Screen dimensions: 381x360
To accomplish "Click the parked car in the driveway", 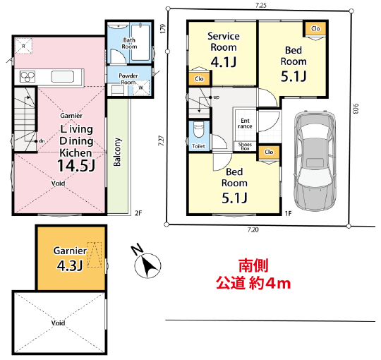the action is (315, 161).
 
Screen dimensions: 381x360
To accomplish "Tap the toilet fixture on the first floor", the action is (198, 130).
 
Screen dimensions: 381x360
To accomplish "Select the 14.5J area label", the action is (76, 166).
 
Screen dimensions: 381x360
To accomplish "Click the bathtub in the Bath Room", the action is (140, 42).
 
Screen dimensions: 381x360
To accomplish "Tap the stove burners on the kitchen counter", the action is (28, 76).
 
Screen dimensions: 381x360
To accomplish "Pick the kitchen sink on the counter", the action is (62, 76).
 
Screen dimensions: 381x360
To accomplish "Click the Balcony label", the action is (117, 152).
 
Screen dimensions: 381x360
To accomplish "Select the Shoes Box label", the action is (245, 146).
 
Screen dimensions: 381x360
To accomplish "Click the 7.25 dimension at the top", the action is (261, 6).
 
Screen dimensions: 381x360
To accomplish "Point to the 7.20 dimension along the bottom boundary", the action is (253, 229).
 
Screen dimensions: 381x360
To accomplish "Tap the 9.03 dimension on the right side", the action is (356, 109).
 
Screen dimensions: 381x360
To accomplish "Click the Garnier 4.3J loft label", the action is (70, 258).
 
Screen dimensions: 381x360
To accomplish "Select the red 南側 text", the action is (253, 265).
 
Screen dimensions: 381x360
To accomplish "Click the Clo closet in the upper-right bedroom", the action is (315, 29).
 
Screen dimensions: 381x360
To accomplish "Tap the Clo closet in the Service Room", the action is (199, 79).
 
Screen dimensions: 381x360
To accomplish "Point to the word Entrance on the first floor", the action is (245, 124).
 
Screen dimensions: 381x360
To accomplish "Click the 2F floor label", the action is (138, 213).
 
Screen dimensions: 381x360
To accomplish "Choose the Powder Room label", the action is (128, 79).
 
